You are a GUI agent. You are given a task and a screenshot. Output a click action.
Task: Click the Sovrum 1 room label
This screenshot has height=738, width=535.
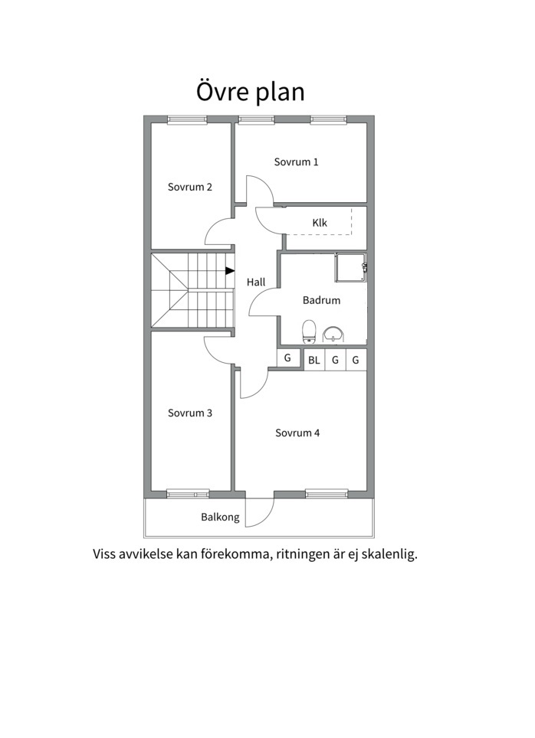(296, 162)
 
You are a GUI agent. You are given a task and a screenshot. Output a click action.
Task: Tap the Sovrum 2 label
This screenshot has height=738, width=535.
(190, 187)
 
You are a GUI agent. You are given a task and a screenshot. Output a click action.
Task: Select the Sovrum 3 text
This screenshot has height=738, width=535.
(190, 413)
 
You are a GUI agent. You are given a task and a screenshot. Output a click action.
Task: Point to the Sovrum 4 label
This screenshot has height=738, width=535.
(297, 433)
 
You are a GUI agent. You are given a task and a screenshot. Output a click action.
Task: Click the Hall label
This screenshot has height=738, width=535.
(256, 282)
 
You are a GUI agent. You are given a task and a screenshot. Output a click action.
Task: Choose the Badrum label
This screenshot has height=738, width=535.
(321, 300)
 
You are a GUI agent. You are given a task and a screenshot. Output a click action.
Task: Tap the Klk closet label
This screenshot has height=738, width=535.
(320, 223)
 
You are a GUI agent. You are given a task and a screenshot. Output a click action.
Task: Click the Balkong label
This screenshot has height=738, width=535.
(220, 518)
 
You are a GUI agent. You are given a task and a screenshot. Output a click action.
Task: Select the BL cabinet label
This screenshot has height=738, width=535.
(314, 360)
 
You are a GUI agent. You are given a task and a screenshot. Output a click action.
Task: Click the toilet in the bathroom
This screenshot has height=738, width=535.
(309, 331)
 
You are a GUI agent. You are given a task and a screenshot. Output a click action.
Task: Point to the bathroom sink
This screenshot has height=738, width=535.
(333, 334)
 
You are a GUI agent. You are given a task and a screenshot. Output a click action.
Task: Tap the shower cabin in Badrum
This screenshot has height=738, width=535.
(351, 267)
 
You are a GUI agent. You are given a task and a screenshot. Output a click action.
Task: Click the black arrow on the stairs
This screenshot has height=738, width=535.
(230, 271)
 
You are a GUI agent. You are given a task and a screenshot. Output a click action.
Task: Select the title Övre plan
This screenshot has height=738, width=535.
(251, 92)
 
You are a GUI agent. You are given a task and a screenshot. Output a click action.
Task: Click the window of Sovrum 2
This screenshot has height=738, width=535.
(187, 119)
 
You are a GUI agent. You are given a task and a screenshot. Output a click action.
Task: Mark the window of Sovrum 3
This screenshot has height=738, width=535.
(188, 494)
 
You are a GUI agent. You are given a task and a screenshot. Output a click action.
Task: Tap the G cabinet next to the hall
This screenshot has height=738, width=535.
(287, 358)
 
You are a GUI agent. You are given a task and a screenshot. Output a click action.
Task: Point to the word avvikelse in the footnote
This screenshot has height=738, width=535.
(145, 554)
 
